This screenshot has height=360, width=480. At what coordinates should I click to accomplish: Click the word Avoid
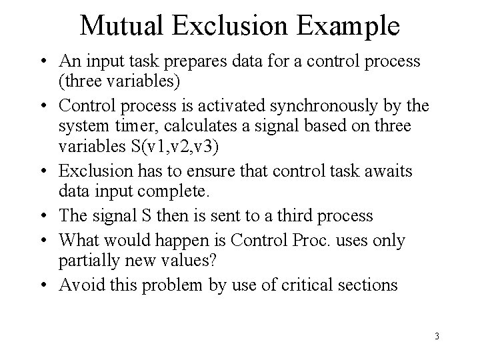79,285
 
